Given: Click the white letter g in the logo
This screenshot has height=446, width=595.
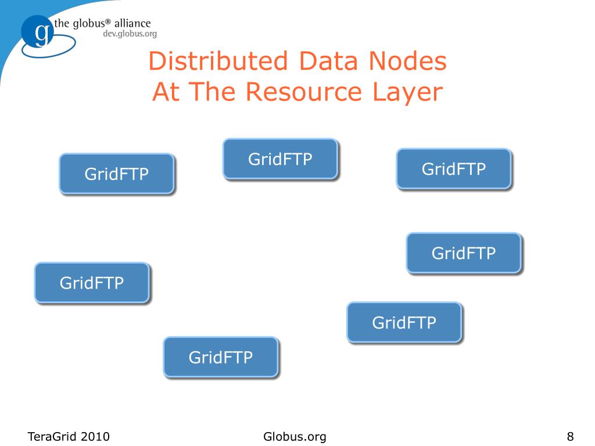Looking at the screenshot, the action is (x=41, y=34).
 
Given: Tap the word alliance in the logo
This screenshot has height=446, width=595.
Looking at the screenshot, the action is (x=133, y=24).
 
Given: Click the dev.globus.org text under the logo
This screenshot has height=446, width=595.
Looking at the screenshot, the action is (x=130, y=34).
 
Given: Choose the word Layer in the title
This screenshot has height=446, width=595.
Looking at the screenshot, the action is (x=409, y=93).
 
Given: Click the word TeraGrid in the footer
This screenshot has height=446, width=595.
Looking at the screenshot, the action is (x=53, y=437).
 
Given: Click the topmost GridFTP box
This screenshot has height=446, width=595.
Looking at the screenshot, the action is (x=280, y=159).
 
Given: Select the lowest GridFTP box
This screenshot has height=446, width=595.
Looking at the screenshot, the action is (x=221, y=357).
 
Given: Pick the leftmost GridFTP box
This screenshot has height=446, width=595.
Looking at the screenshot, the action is (x=92, y=283).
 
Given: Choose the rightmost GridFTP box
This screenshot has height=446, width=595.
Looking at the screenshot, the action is (x=463, y=253).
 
